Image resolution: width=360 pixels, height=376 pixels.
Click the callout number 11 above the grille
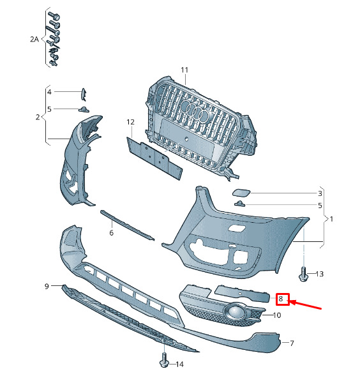pos(184,70)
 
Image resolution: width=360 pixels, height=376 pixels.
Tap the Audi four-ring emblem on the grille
pos(195,110)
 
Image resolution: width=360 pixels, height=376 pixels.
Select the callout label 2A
pos(34,39)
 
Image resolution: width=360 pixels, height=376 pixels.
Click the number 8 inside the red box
pos(281,299)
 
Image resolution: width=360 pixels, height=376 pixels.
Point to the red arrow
pos(305,305)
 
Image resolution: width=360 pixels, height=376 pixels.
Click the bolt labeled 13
pos(303,274)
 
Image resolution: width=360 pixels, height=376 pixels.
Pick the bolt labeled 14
pos(164,360)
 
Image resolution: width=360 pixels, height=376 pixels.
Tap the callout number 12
pos(130,123)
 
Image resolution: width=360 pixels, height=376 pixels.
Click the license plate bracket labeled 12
pos(154,158)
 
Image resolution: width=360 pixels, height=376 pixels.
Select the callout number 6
pos(111,232)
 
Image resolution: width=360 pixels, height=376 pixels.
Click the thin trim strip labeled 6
pos(127,225)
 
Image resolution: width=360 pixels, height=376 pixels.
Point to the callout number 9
pos(47,286)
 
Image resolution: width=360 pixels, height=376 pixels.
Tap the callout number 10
pos(277,315)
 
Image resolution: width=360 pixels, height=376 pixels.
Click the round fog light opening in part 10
pos(234,312)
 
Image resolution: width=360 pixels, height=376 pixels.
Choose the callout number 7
pos(292,343)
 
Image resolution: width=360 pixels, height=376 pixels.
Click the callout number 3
pos(320,193)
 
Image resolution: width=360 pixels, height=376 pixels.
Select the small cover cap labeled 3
pos(241,193)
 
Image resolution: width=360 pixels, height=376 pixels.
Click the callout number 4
pos(49,92)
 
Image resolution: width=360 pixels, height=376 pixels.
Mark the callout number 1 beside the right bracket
pos(331,219)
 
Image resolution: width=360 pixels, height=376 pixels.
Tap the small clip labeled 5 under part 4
pos(84,109)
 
